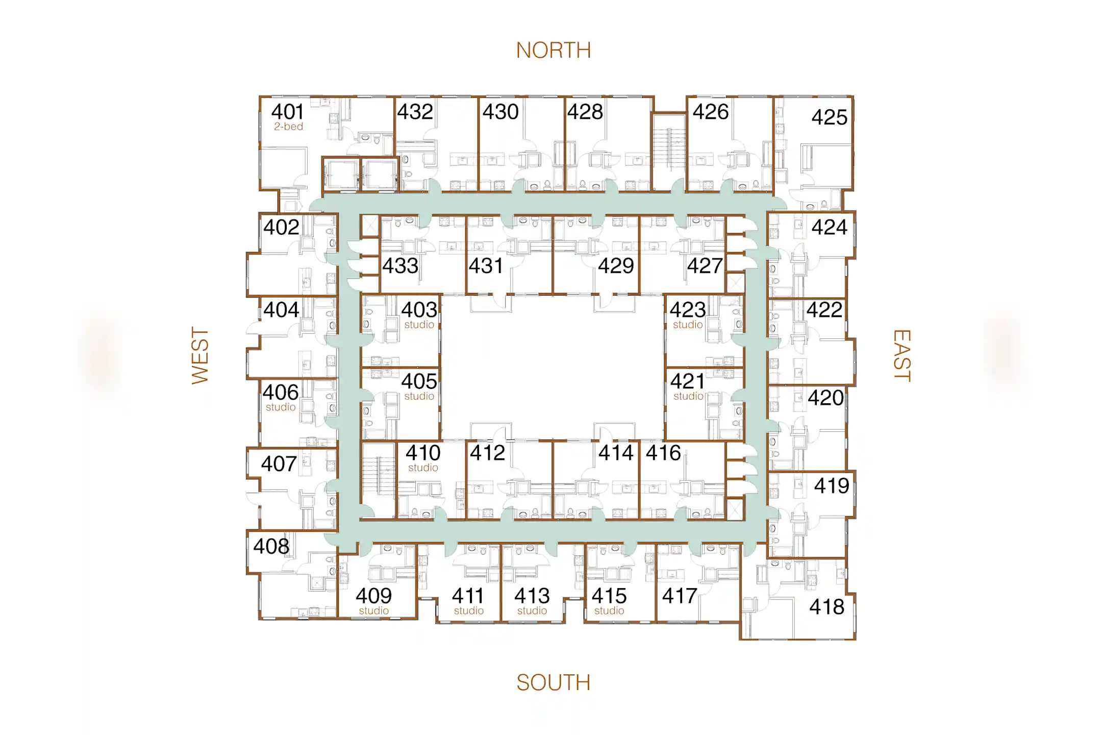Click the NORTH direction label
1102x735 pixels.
pyautogui.click(x=553, y=51)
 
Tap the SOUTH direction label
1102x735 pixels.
pyautogui.click(x=553, y=682)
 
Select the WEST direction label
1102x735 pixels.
pyautogui.click(x=200, y=355)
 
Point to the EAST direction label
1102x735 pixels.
pyautogui.click(x=901, y=355)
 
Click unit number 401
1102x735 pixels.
pyautogui.click(x=287, y=112)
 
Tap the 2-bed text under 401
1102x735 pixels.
pyautogui.click(x=288, y=127)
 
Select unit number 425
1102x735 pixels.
pyautogui.click(x=829, y=117)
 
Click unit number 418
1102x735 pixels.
pyautogui.click(x=826, y=607)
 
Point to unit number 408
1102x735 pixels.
pyautogui.click(x=271, y=547)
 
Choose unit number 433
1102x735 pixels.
pyautogui.click(x=400, y=266)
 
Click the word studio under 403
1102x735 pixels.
pyautogui.click(x=419, y=325)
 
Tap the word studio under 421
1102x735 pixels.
pyautogui.click(x=688, y=396)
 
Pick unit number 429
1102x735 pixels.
pyautogui.click(x=616, y=266)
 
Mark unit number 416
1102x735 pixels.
pyautogui.click(x=663, y=453)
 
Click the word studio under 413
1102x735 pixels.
pyautogui.click(x=532, y=610)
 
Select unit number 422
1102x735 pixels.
pyautogui.click(x=824, y=310)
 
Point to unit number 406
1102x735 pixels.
pyautogui.click(x=280, y=393)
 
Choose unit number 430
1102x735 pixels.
pyautogui.click(x=500, y=112)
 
